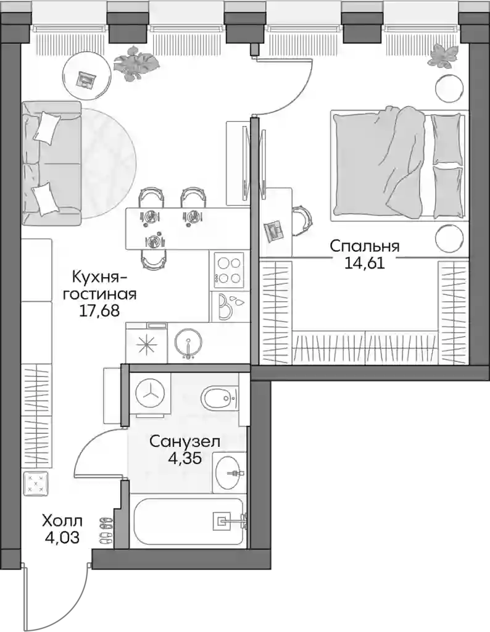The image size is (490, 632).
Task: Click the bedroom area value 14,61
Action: coord(365,263)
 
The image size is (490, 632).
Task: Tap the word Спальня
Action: coord(365,246)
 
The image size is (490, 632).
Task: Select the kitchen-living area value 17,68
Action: coord(99,311)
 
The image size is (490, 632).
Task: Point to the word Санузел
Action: coord(185,442)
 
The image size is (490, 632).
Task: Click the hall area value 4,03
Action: coord(62,538)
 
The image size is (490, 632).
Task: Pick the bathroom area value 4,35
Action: coord(185,459)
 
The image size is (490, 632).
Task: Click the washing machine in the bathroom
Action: coord(150,393)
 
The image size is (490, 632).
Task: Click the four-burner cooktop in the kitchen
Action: coord(228,270)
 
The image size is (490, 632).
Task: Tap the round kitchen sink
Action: coord(189,344)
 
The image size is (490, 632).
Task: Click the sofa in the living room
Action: coord(52,163)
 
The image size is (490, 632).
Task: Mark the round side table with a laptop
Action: coord(87,77)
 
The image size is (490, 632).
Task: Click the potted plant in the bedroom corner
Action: coord(444,56)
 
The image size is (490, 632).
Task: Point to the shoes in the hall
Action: coord(106,531)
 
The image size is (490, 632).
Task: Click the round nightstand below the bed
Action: coord(448,238)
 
